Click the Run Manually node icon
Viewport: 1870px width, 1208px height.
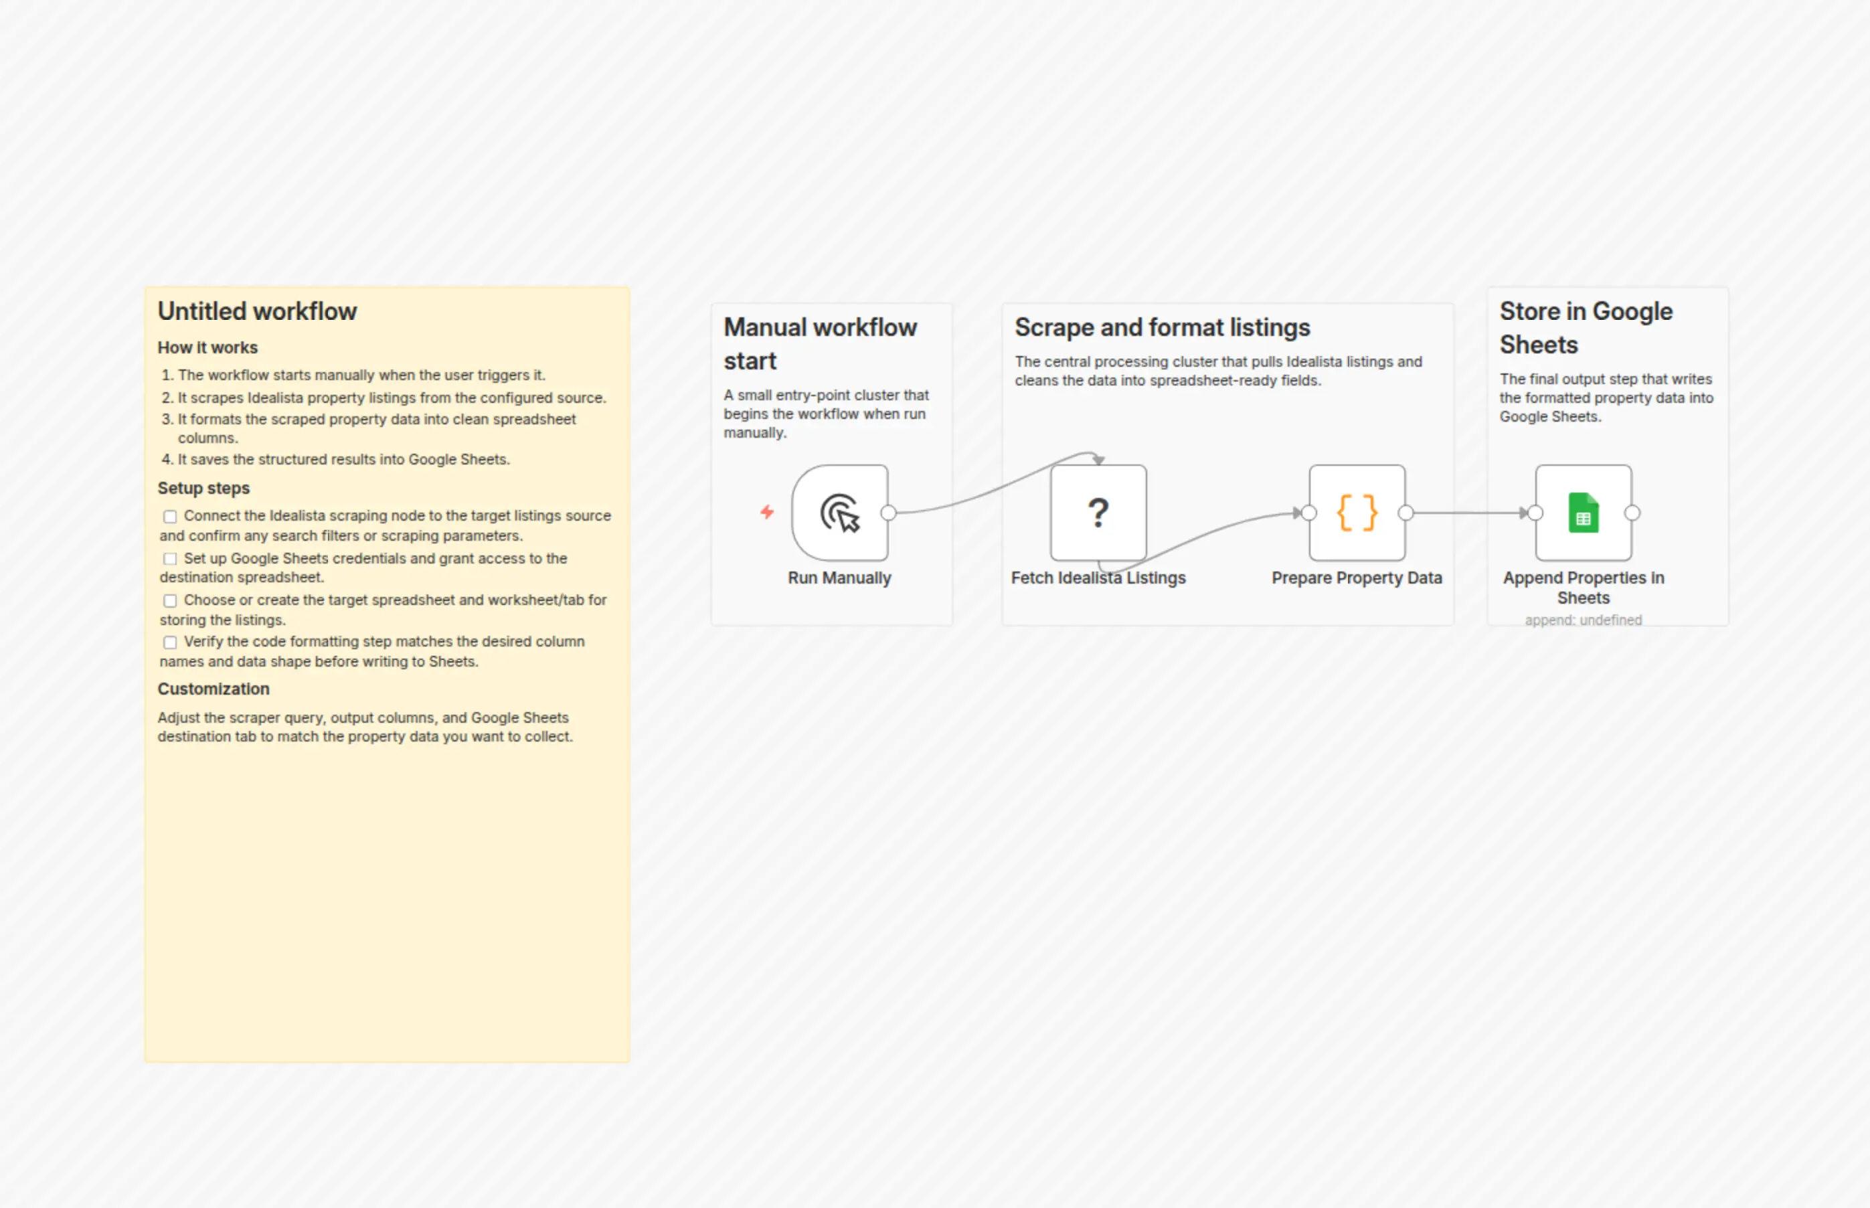[x=840, y=513]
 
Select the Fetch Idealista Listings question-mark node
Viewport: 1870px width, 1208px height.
[x=1098, y=513]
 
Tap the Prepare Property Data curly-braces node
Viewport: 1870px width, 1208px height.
[x=1357, y=513]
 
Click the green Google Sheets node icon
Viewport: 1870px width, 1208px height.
[x=1584, y=513]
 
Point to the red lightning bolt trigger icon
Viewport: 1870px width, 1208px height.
[x=767, y=512]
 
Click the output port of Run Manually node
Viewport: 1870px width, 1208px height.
[x=889, y=513]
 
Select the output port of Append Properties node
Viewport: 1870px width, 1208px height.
[x=1632, y=513]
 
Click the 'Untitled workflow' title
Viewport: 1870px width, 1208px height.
[x=257, y=311]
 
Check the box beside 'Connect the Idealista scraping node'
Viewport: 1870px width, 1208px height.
[x=170, y=516]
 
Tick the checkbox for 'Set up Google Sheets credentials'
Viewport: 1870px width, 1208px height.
[x=170, y=559]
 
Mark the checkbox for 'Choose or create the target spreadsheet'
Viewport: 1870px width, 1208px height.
[x=170, y=601]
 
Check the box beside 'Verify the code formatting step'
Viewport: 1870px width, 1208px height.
[x=170, y=642]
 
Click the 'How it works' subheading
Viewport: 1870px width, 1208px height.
[x=208, y=347]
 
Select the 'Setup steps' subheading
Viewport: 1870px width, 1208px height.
[x=204, y=488]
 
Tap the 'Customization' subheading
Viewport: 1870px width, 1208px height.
[x=214, y=689]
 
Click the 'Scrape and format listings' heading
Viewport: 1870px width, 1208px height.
[x=1163, y=328]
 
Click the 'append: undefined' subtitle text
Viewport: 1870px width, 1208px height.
[x=1584, y=620]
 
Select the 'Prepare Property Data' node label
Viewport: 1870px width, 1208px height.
[x=1357, y=578]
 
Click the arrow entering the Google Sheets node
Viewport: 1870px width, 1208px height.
[x=1470, y=513]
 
